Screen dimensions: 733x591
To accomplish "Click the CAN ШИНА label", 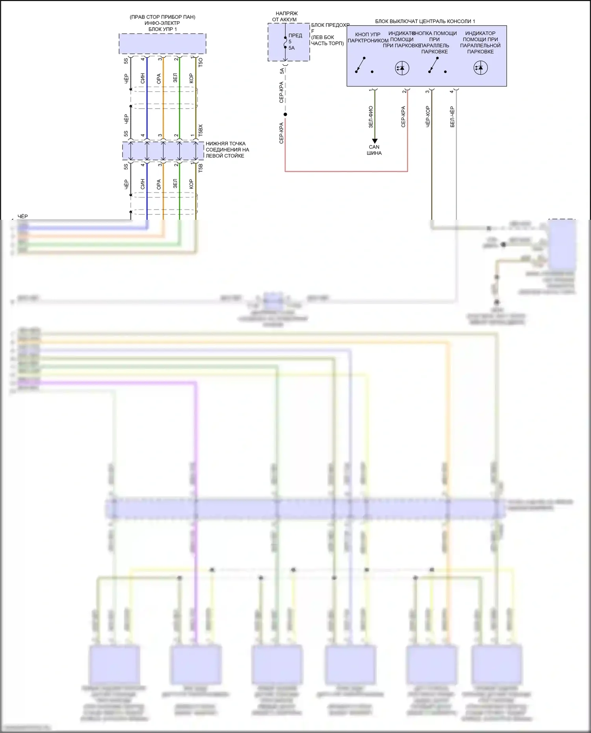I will coord(374,150).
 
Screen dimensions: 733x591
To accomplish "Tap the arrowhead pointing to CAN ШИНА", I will coord(374,141).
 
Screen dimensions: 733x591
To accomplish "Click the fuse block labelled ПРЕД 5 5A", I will coord(288,42).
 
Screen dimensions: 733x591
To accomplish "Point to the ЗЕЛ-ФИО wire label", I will coord(371,117).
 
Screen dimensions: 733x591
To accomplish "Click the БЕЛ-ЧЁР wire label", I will coord(452,117).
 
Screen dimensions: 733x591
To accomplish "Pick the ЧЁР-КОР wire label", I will coord(428,117).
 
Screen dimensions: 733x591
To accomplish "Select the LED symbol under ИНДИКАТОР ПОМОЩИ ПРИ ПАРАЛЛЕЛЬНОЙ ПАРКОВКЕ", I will coord(480,68).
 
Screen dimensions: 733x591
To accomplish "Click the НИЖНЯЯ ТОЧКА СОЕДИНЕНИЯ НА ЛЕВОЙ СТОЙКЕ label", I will coord(227,150).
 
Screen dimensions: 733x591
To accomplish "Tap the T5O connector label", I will coord(201,62).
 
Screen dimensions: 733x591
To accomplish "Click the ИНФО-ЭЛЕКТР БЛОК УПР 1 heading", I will coord(162,26).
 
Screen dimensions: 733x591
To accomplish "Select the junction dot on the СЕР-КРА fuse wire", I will coord(285,115).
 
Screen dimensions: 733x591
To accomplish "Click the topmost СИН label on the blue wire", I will coord(143,78).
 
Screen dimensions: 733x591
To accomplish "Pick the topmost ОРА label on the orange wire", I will coord(159,79).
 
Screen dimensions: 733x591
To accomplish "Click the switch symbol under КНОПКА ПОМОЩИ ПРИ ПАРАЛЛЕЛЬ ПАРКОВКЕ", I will coord(434,66).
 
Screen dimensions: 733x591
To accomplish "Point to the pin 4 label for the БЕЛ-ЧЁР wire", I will coord(452,92).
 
